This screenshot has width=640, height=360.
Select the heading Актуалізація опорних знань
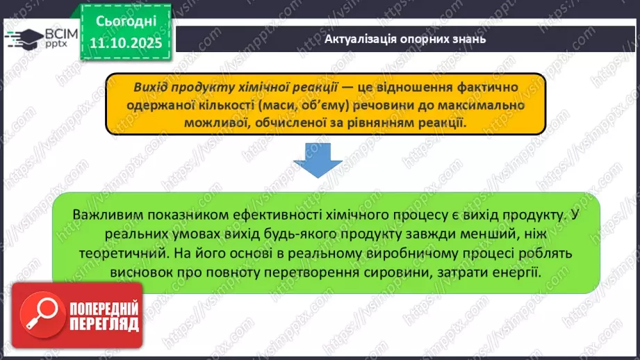(404, 39)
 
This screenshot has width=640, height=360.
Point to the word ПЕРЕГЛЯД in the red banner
(102, 325)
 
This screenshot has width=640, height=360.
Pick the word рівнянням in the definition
(377, 122)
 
